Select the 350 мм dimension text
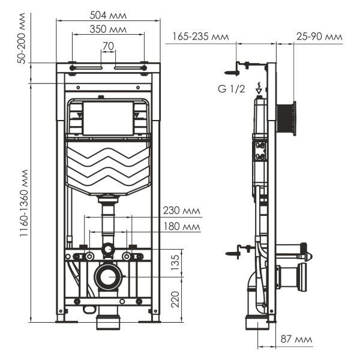[x=108, y=28]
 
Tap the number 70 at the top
[x=108, y=46]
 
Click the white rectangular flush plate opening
[x=108, y=118]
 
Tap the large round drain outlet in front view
[x=108, y=277]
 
